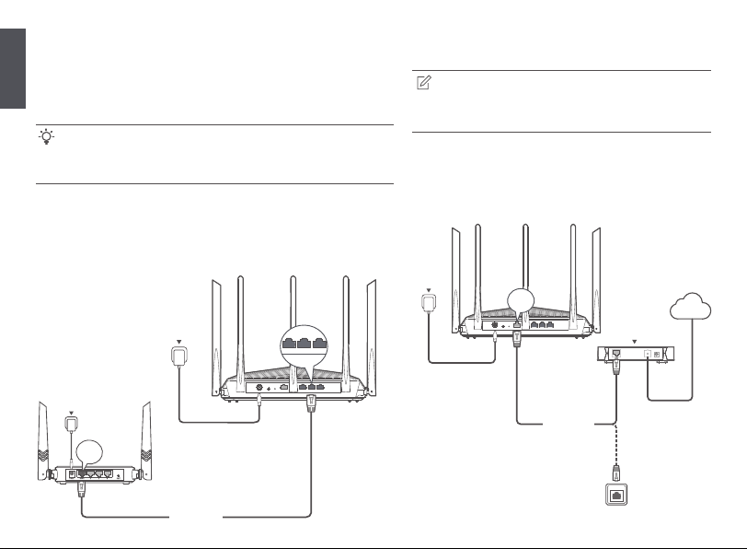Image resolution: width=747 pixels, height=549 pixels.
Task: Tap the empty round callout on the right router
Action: (522, 300)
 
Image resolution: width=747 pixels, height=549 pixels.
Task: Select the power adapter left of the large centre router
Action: (180, 356)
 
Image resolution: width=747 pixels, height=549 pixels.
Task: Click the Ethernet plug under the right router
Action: (516, 338)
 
